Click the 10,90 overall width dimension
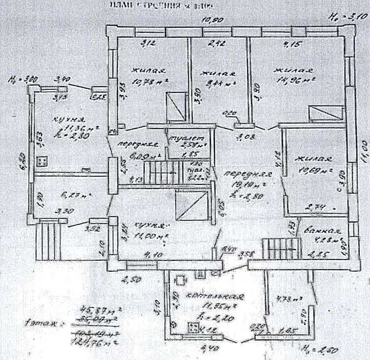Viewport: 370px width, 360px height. [x=214, y=20]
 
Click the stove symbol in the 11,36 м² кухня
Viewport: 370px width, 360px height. [x=41, y=160]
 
